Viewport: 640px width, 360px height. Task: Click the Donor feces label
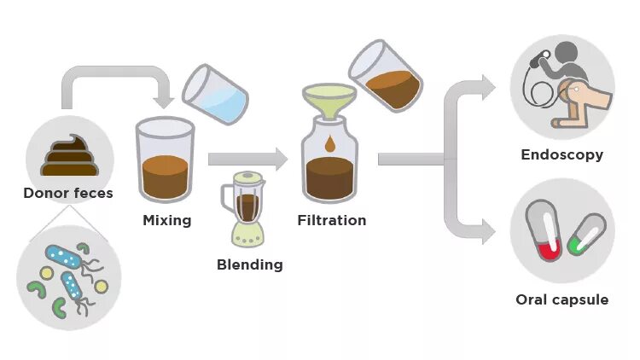click(x=67, y=193)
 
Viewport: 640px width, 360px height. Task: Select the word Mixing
click(x=166, y=220)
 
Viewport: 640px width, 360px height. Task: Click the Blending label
click(x=249, y=264)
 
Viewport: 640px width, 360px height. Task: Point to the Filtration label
click(x=331, y=220)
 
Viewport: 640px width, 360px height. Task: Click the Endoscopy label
click(x=561, y=155)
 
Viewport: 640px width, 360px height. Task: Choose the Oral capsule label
click(x=561, y=299)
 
